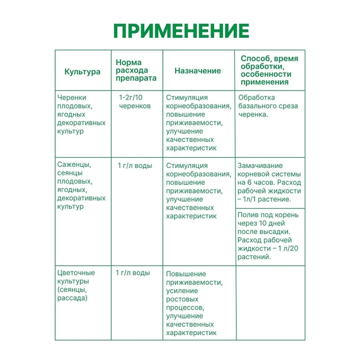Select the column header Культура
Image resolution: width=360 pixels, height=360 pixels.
82,71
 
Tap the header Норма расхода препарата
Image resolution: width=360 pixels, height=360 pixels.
136,70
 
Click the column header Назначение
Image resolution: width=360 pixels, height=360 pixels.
198,71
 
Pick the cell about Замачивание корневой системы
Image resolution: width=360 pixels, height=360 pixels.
270,182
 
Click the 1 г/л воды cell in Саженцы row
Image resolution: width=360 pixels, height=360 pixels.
135,166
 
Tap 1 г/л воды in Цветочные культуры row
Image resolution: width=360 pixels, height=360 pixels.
133,273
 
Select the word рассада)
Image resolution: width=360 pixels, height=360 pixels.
72,298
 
